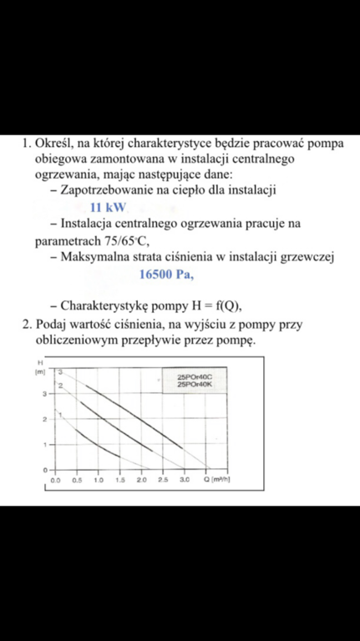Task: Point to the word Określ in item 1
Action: (x=57, y=143)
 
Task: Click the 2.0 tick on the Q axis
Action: (x=141, y=482)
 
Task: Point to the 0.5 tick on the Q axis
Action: (x=77, y=482)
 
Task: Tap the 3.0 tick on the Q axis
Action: (x=185, y=482)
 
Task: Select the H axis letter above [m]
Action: (x=39, y=364)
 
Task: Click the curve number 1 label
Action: (x=61, y=414)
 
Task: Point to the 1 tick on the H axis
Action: (x=43, y=445)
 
